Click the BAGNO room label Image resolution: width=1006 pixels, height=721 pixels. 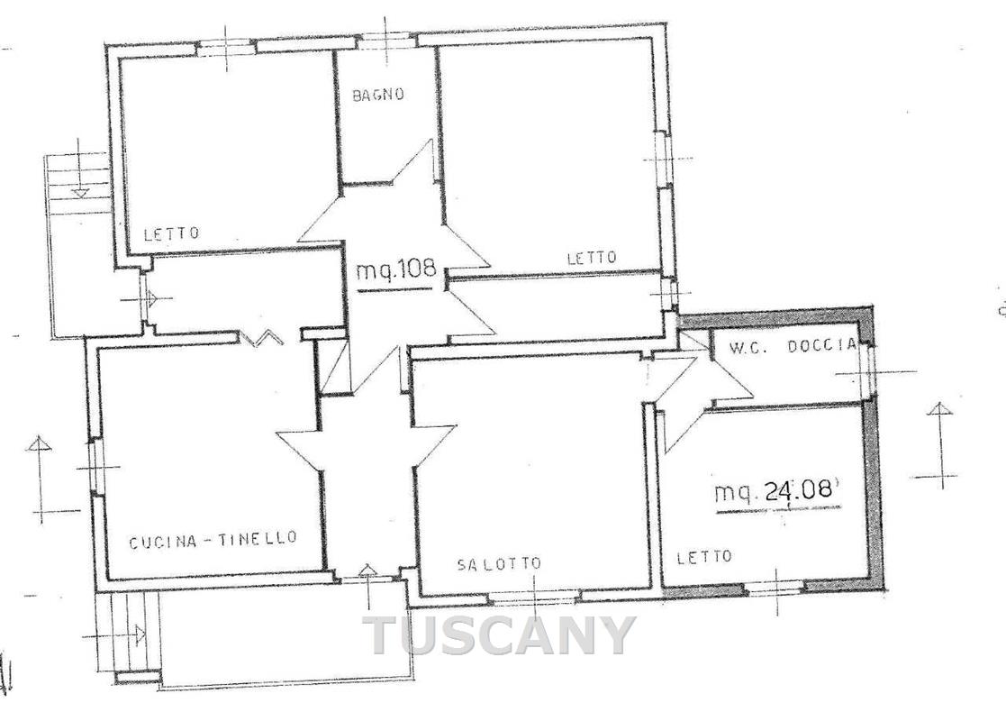[x=378, y=95]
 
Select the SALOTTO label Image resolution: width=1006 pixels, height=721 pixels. [x=499, y=563]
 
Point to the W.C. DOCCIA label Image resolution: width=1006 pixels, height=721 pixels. [x=792, y=346]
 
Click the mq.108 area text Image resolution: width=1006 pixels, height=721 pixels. [x=396, y=268]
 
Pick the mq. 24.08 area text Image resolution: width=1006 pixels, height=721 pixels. [x=777, y=491]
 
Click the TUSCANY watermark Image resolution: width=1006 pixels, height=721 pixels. [x=500, y=635]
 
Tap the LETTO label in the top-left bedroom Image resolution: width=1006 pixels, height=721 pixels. [x=171, y=233]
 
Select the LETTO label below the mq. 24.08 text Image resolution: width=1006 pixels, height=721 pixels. [x=703, y=557]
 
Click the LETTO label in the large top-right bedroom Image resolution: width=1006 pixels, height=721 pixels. [x=592, y=258]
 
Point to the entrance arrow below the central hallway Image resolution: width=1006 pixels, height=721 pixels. [x=368, y=586]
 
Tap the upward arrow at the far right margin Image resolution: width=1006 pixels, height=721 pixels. [x=939, y=443]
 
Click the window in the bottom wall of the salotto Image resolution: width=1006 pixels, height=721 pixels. [x=535, y=598]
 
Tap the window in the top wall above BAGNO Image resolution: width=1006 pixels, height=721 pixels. [x=385, y=41]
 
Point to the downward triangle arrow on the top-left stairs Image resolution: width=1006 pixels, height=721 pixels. [x=79, y=191]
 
